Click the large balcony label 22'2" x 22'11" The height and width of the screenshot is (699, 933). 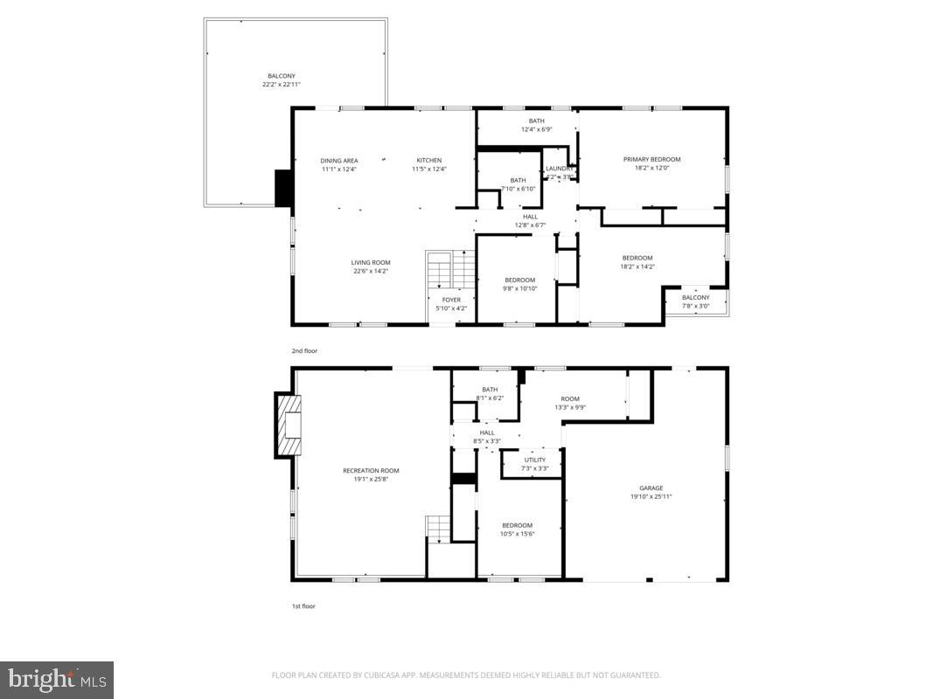tap(282, 80)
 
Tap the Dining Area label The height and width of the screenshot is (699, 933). tap(338, 164)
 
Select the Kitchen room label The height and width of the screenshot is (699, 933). tap(428, 164)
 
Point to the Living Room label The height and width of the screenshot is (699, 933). tap(371, 266)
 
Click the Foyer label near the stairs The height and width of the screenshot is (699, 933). tap(451, 303)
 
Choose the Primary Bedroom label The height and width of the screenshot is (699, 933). tap(651, 163)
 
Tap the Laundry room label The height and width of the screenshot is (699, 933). tap(559, 172)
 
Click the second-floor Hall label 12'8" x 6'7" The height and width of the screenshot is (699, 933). tap(531, 221)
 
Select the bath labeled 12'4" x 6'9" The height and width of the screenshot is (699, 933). tap(536, 125)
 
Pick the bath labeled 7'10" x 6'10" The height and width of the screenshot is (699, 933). tap(519, 184)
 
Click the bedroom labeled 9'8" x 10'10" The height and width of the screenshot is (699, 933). tap(519, 284)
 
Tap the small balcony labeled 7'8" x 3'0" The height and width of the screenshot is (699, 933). tap(696, 301)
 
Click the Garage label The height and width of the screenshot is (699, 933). tap(651, 492)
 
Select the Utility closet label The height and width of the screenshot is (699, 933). tap(534, 464)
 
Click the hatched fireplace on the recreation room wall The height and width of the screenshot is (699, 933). tap(289, 426)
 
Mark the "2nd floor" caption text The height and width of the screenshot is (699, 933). tap(304, 350)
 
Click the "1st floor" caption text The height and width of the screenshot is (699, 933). tap(303, 606)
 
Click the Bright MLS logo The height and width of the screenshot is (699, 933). tap(57, 679)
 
